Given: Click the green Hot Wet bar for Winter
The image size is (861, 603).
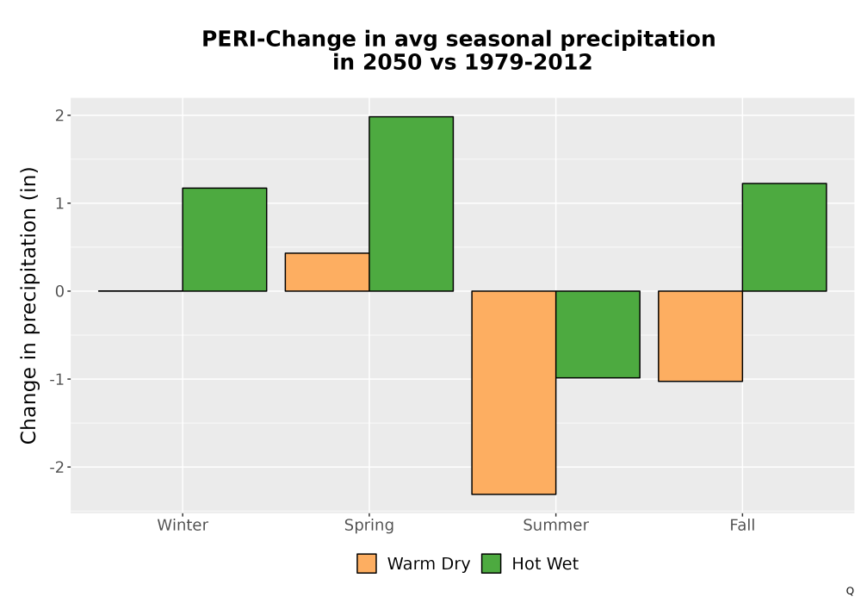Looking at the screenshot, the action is pos(225,239).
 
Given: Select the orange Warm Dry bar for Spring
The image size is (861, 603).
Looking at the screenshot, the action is pos(327,272).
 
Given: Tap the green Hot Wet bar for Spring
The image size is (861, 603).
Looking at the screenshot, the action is pos(412,204).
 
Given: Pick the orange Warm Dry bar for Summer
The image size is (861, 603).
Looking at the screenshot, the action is pos(514,393).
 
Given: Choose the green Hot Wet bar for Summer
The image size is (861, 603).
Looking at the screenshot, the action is pos(598,334).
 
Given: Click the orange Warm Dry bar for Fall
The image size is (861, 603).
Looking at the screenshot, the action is pos(700,336).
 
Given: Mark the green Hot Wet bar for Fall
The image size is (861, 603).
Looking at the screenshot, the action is pos(784,237).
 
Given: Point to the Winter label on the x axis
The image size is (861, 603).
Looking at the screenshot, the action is pos(183,525).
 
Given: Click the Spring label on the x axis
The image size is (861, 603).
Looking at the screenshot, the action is pos(369,525).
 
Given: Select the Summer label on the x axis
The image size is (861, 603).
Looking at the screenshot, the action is pos(555,525).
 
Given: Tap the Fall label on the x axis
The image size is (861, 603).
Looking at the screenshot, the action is pos(742,525).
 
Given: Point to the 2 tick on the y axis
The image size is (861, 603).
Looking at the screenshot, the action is pos(59,115).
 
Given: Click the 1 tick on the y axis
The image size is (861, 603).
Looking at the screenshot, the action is pos(59,203).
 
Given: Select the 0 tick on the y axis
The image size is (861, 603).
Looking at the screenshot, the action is pos(59,291).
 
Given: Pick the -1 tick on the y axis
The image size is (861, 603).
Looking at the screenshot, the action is pos(57,379).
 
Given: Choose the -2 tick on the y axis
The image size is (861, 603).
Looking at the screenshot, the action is pos(57,468).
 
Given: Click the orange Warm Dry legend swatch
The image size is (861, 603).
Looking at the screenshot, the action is pos(367,563).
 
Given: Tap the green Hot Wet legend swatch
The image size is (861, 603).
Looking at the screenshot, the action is pos(492,563).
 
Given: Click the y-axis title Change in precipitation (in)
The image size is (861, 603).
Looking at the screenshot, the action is pos(28,305).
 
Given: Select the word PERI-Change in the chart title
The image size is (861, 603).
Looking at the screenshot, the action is pos(279,40).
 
